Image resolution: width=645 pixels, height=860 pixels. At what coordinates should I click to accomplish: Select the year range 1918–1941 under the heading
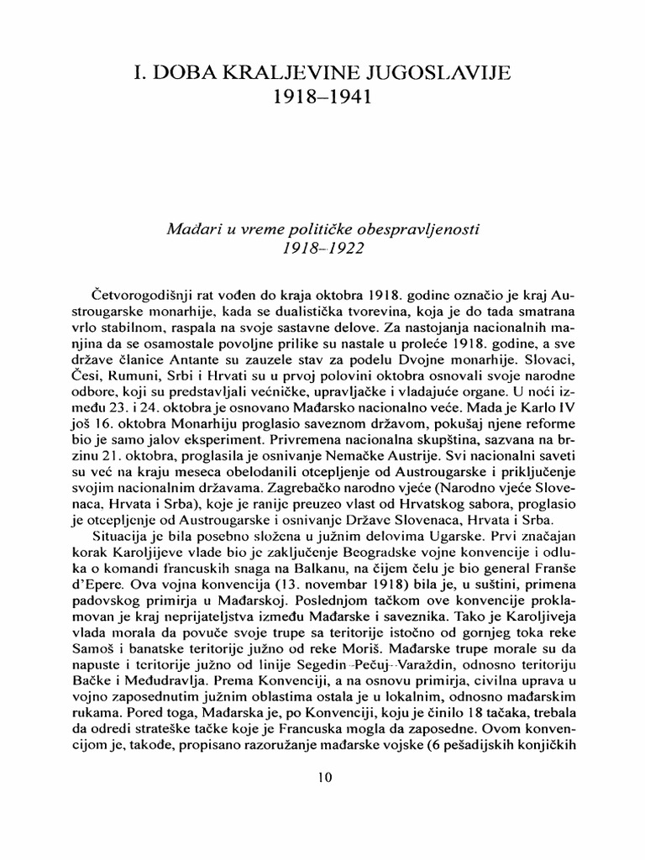point(322,98)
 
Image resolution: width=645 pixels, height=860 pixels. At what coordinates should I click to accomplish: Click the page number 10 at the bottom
point(323,777)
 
